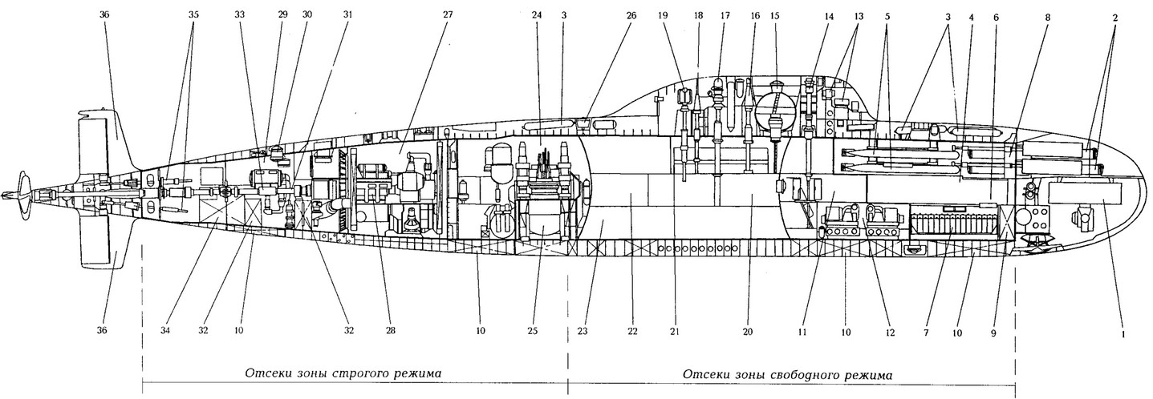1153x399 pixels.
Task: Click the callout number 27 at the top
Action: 448,14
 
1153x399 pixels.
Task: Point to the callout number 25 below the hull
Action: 532,330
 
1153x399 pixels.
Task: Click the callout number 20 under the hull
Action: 748,330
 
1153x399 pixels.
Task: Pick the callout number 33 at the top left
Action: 241,14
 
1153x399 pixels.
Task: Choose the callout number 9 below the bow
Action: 993,330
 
